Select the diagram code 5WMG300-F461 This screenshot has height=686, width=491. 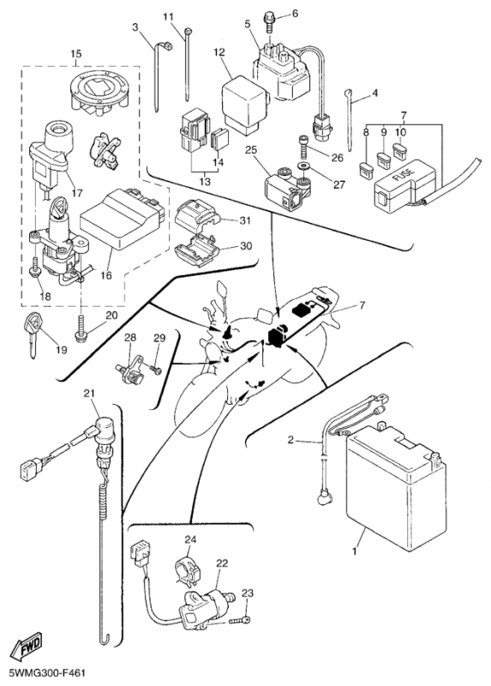coord(41,672)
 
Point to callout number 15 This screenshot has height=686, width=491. coord(75,54)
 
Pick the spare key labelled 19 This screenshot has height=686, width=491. coord(33,334)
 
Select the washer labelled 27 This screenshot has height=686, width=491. coord(302,166)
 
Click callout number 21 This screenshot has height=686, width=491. coord(89,394)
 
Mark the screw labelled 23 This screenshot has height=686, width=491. coord(243,619)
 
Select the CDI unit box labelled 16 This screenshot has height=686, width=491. coord(123,217)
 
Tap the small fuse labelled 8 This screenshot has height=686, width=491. coord(366,168)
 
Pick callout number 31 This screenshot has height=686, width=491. coord(245,220)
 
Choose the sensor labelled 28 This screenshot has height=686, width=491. coord(129,368)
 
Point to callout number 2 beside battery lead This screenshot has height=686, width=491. coord(291,440)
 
